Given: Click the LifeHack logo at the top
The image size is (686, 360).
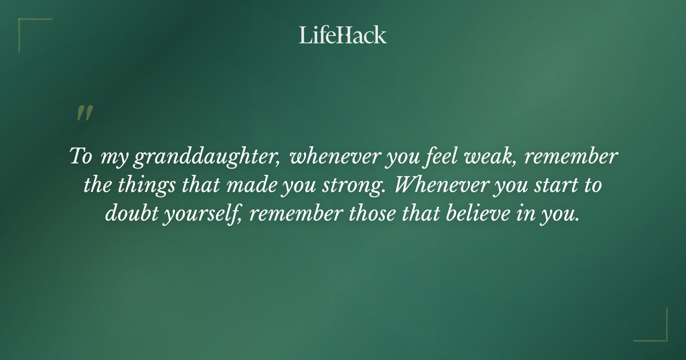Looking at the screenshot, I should [x=343, y=35].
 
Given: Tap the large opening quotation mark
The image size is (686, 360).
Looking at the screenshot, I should [x=85, y=113].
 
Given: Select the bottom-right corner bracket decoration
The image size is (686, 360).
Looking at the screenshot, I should [x=657, y=331].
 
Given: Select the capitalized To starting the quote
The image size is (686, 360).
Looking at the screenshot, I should [x=80, y=157].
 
